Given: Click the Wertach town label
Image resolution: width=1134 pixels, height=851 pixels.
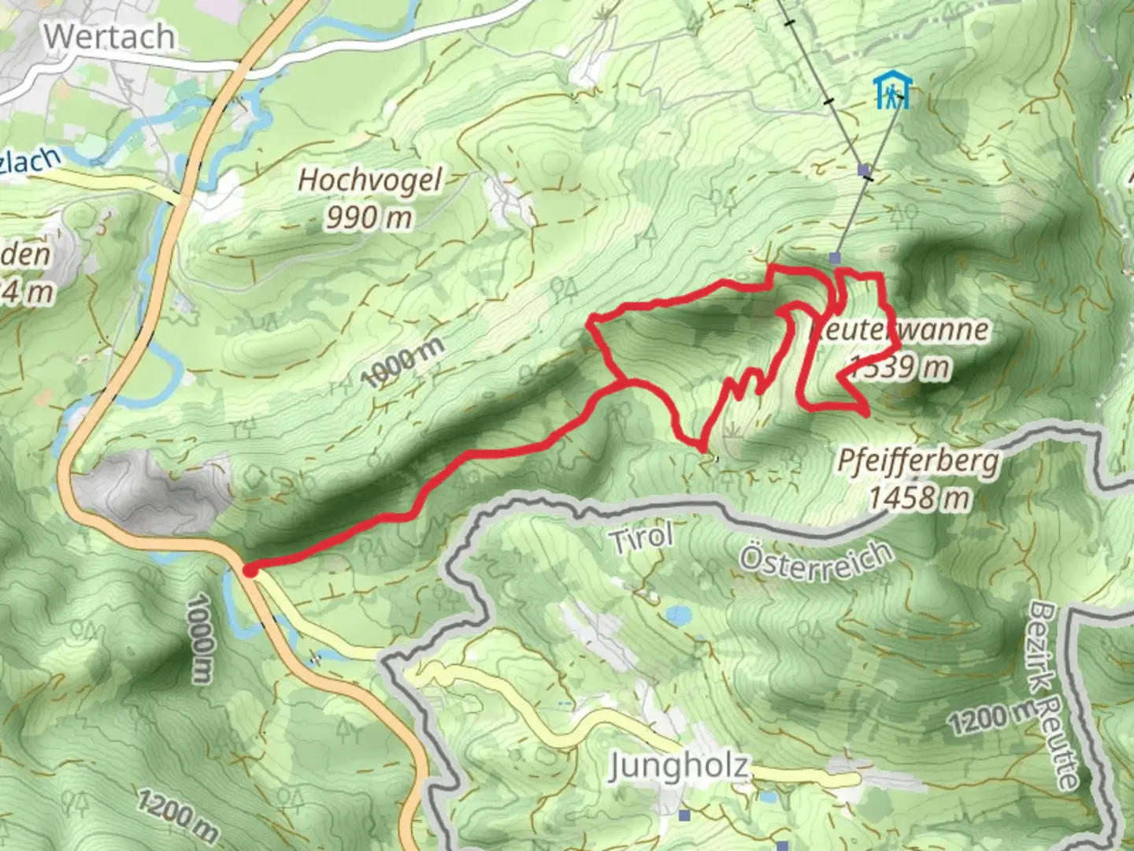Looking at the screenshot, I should coord(109,37).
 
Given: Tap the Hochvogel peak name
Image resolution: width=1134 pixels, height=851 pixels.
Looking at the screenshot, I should coord(369,180).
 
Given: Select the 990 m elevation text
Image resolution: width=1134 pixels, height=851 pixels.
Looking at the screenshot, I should coord(369,217).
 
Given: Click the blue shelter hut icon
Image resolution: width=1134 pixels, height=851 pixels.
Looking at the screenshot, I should coord(891,91).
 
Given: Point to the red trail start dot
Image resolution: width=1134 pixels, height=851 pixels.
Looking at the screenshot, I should coord(250,570).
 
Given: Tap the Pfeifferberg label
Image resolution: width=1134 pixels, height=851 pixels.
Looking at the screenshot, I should coord(918,461).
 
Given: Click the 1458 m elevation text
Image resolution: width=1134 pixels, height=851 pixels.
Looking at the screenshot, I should coord(919,498).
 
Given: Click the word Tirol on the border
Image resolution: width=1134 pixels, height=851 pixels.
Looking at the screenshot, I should coord(640,539).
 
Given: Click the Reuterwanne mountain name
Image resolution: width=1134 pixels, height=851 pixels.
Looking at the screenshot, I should coord(899,329).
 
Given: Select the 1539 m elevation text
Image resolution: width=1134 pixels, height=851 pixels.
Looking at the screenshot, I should coord(899,366).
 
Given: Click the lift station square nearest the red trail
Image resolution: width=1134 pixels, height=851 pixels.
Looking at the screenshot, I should coord(835,258).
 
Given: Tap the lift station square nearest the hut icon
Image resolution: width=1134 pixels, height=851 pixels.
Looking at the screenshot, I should coord(864,170).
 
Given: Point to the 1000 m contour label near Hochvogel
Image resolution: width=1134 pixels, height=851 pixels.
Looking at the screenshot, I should coord(403,362).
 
